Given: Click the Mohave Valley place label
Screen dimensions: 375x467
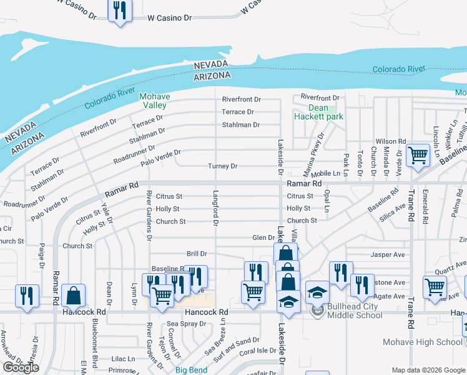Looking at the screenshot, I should point(154,101).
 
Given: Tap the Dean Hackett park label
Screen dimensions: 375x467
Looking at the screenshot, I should point(318,112).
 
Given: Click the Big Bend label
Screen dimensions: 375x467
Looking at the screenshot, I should point(190,370).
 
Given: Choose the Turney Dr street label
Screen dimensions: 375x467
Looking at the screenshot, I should point(223,166).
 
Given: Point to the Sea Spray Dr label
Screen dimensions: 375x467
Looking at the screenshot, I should point(187,324).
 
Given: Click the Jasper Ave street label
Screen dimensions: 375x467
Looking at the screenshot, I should point(388,255).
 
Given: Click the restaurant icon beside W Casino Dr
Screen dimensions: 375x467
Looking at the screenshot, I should point(119,10).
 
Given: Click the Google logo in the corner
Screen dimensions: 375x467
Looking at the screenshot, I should point(21,367).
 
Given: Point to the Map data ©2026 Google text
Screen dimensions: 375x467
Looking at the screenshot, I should point(428,370).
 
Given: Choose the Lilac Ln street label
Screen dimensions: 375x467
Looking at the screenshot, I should point(123,359).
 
